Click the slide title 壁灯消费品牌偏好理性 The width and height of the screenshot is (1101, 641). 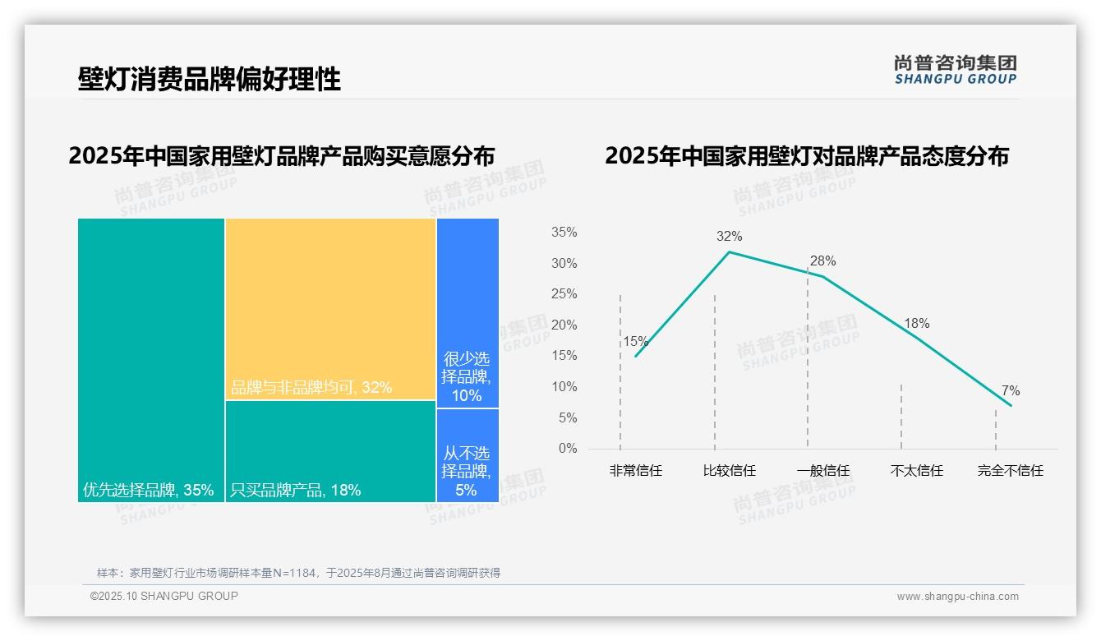pos(210,80)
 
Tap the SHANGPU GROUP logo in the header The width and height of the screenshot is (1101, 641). pos(955,70)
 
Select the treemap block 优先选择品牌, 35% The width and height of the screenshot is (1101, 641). pos(151,360)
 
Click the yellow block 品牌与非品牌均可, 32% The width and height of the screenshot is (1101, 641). pos(330,309)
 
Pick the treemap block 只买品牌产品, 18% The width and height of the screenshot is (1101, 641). pos(330,451)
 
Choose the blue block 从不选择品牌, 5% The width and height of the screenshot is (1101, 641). pos(468,455)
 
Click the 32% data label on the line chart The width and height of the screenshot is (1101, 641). pos(729,237)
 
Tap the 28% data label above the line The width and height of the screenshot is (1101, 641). pos(822,261)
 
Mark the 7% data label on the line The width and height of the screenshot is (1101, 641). pos(1011,391)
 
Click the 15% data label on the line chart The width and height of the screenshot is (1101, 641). pos(635,342)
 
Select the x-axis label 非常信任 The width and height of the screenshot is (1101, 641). pos(635,471)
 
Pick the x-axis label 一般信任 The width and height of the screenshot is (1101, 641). pos(822,471)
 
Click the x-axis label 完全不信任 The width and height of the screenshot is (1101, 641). pos(1010,471)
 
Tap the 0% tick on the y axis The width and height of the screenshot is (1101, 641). pos(568,449)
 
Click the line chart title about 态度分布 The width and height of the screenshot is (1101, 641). pos(806,156)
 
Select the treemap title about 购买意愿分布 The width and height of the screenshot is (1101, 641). pos(282,156)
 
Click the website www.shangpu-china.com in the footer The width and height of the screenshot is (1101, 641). pos(957,597)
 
